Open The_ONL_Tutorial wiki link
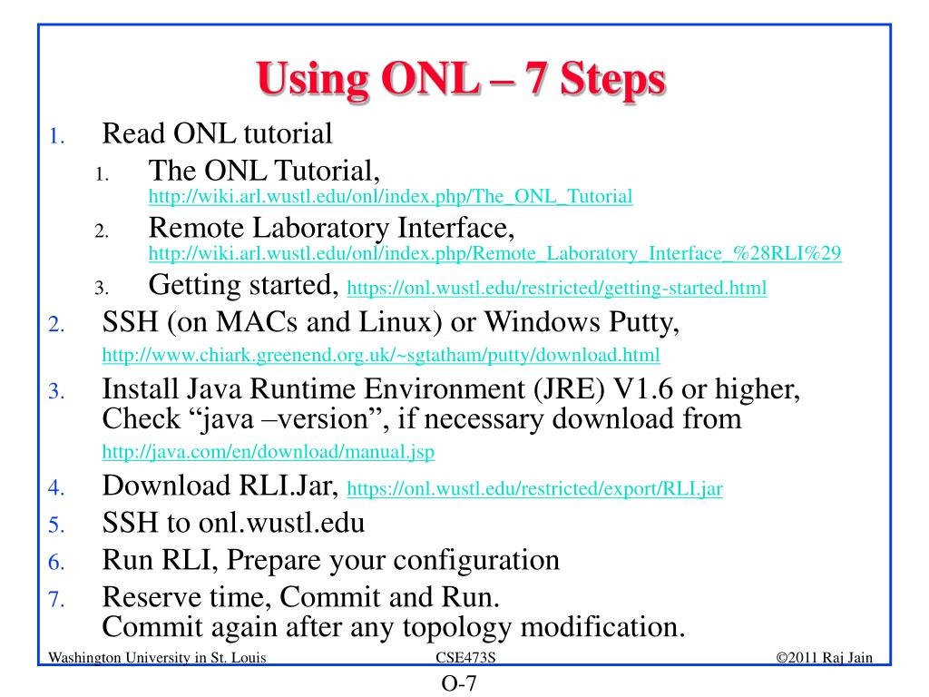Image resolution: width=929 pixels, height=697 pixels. click(390, 196)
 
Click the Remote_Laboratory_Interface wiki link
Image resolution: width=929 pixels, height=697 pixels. click(494, 254)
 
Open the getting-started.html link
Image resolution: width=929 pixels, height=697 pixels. click(557, 289)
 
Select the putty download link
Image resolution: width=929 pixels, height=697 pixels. click(381, 354)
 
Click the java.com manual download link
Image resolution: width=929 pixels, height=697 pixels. click(268, 452)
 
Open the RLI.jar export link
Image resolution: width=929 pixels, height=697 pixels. click(535, 488)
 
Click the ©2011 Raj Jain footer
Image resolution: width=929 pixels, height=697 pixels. click(825, 657)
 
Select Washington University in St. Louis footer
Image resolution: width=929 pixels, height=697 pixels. click(157, 657)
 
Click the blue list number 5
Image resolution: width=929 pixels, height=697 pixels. click(54, 525)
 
